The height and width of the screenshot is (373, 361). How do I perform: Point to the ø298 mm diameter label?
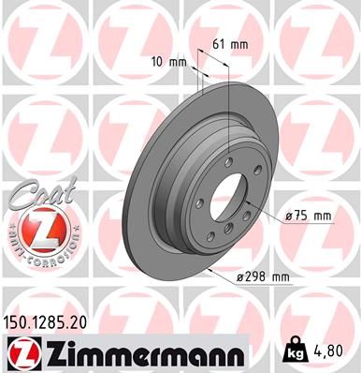(x=265, y=276)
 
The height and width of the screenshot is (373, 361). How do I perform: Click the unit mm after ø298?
(x=280, y=276)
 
